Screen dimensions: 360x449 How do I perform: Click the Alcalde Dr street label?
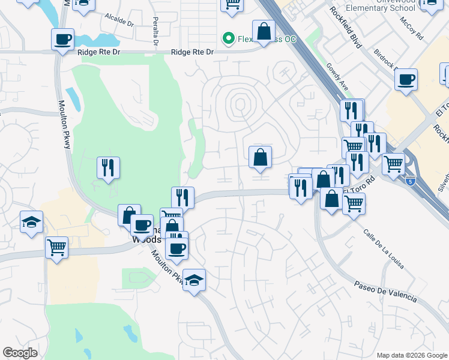(x=119, y=21)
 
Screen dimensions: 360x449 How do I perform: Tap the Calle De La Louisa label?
(x=383, y=248)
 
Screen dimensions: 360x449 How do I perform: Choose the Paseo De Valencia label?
(x=385, y=292)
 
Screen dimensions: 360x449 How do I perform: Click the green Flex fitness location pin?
(x=228, y=39)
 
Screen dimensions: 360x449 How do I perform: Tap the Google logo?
(x=20, y=353)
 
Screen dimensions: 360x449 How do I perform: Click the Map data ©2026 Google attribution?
(x=411, y=355)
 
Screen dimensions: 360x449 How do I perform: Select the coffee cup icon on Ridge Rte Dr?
(x=62, y=40)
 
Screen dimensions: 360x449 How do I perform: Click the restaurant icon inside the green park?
(x=109, y=167)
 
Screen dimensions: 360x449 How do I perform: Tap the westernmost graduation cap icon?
(x=31, y=221)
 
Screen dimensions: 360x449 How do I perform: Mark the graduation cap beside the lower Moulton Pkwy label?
(x=194, y=280)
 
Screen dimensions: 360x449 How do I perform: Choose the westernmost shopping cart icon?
(x=56, y=247)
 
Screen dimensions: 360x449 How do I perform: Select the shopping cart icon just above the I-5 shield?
(x=394, y=163)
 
